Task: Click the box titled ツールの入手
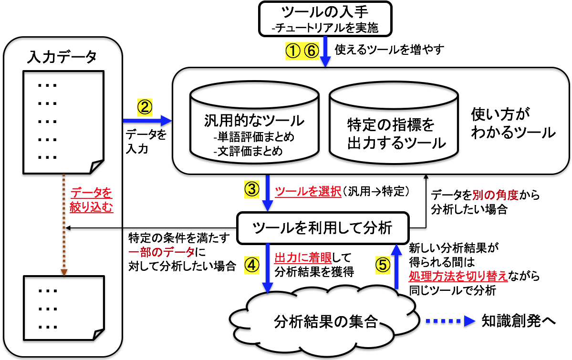[325, 19]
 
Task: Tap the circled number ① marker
[291, 50]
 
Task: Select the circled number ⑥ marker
[310, 50]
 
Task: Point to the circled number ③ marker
[251, 190]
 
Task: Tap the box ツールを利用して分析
[323, 228]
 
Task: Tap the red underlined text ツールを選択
[308, 192]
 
